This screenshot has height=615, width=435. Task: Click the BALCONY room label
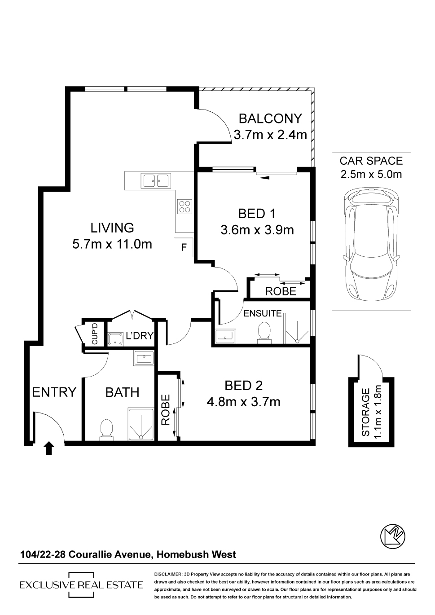[270, 119]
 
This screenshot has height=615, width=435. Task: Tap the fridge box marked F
[184, 247]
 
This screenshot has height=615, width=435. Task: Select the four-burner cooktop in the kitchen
[185, 206]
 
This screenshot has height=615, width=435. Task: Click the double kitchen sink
[156, 180]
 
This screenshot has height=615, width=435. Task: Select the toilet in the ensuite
[264, 333]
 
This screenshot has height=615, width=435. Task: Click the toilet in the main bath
[107, 429]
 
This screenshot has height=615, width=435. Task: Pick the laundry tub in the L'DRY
[116, 339]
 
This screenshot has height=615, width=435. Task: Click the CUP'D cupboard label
[94, 334]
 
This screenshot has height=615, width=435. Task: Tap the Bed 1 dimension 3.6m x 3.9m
[257, 230]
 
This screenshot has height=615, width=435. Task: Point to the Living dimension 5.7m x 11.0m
[112, 244]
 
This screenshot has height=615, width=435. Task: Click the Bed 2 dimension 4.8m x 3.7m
[243, 403]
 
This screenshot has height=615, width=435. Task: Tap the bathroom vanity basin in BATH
[144, 358]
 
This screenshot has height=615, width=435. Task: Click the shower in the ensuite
[296, 328]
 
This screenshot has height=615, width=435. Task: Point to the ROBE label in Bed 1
[281, 291]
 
